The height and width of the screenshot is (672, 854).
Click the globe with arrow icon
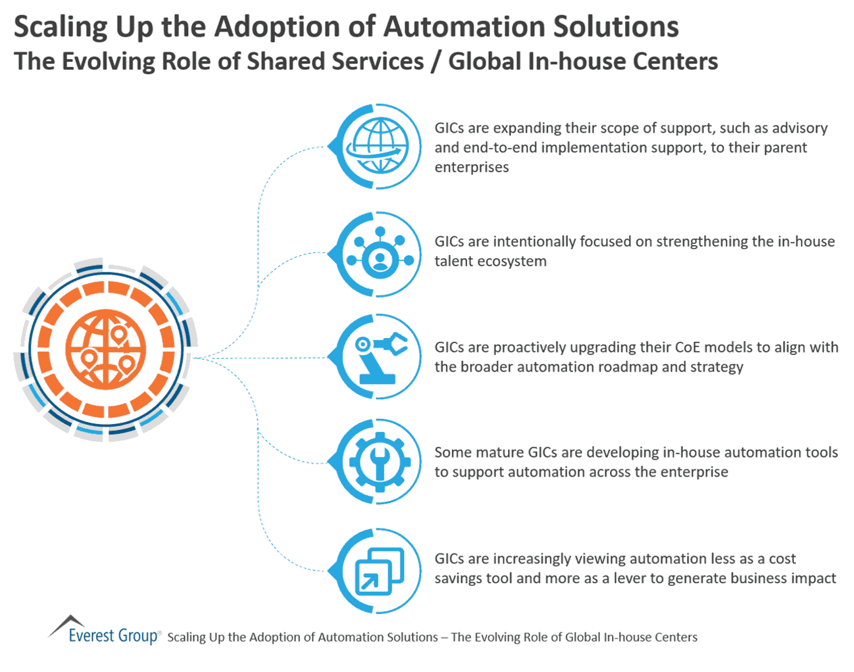click(x=378, y=146)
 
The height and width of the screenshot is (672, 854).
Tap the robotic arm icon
click(x=380, y=358)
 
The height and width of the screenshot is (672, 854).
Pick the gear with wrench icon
click(x=380, y=462)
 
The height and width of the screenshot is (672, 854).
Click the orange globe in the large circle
click(x=106, y=349)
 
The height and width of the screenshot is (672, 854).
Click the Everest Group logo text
click(x=113, y=636)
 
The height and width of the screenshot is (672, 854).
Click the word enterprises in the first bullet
click(x=471, y=167)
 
